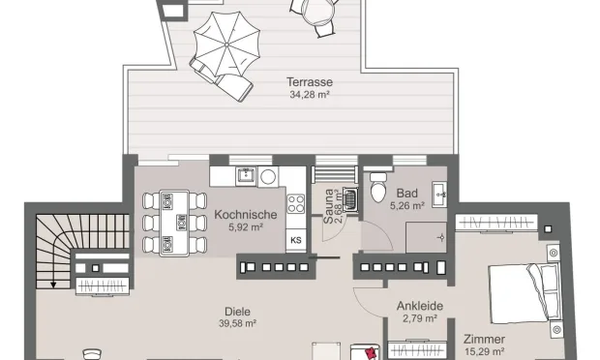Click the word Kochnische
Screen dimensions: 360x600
pos(247,215)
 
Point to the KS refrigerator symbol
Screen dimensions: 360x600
pos(295,239)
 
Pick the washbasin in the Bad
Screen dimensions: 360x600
pos(439,193)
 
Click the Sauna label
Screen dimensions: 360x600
pos(329,206)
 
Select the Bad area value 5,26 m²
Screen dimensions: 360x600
pos(407,206)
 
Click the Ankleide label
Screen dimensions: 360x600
pos(420,306)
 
